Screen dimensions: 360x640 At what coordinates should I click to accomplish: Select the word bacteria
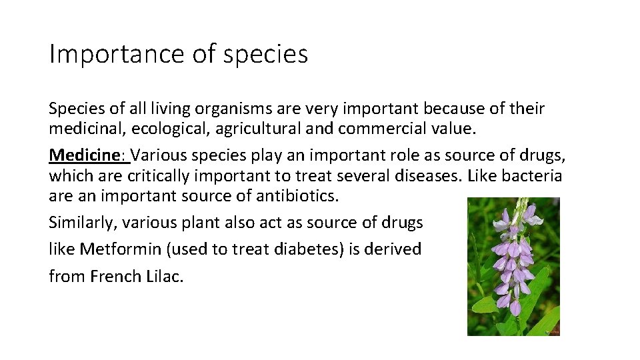[x=531, y=176]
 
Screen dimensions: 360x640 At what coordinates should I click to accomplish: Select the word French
[x=115, y=276]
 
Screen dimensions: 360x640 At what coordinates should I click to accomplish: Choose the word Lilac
[x=163, y=276]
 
